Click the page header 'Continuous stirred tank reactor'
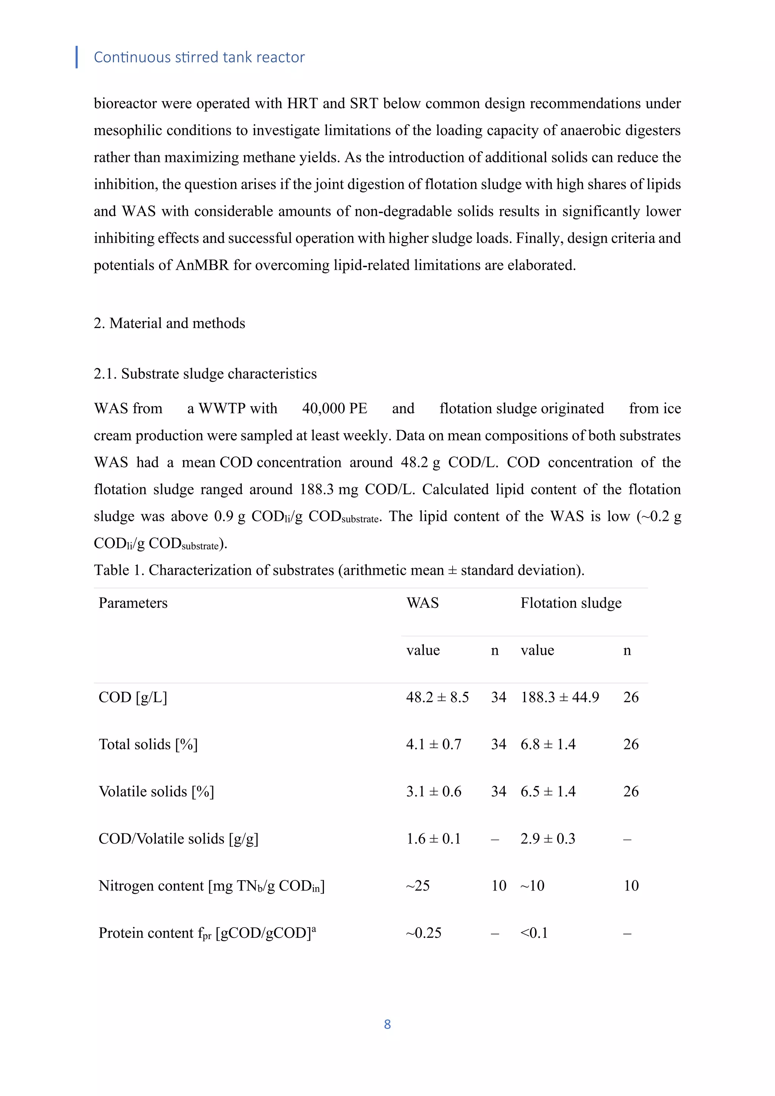tap(199, 57)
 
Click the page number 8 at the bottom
tap(387, 1024)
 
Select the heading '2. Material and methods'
tap(170, 323)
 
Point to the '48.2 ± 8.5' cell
tap(437, 697)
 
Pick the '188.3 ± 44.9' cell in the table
tap(559, 697)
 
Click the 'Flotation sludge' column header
tap(571, 603)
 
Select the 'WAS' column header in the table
tap(422, 603)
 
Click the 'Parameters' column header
tap(133, 603)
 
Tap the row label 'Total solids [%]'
tap(148, 744)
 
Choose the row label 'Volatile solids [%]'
tap(156, 791)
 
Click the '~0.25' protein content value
tap(423, 933)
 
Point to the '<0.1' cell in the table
tap(534, 933)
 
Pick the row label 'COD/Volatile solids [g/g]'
tap(178, 839)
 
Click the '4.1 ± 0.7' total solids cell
tap(433, 744)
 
